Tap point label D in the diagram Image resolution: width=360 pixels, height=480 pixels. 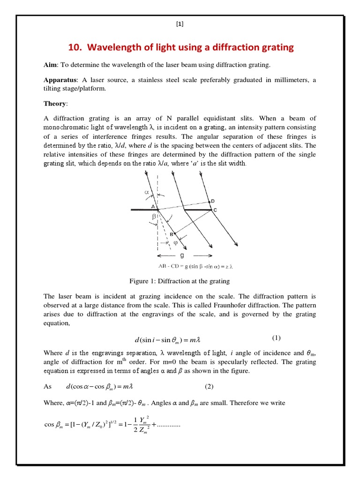pyautogui.click(x=213, y=201)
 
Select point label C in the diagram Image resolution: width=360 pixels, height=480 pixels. pyautogui.click(x=215, y=210)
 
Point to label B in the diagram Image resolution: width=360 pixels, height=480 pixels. pyautogui.click(x=172, y=233)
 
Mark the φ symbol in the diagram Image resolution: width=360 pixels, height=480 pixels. pyautogui.click(x=176, y=243)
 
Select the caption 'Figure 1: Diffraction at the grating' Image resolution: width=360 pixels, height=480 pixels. pyautogui.click(x=180, y=281)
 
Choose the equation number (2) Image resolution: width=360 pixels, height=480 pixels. pyautogui.click(x=209, y=386)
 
